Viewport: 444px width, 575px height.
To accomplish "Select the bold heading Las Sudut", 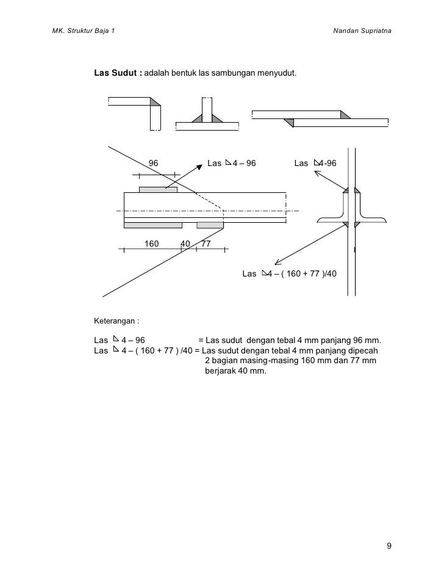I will click(116, 74).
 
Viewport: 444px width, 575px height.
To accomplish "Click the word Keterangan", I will click(115, 320).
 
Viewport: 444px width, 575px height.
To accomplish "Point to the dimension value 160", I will click(151, 244).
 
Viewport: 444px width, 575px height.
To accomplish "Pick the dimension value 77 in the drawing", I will click(206, 244).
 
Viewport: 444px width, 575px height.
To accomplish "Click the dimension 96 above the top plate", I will click(154, 164).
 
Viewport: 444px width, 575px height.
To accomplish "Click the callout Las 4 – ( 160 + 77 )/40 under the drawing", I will click(289, 273).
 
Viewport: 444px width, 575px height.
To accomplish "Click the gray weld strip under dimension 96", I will click(158, 190).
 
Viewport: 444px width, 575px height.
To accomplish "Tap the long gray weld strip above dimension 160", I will click(153, 225).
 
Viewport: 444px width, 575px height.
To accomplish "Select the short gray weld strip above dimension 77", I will click(210, 225).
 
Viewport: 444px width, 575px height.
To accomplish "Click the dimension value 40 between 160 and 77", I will click(185, 244).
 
